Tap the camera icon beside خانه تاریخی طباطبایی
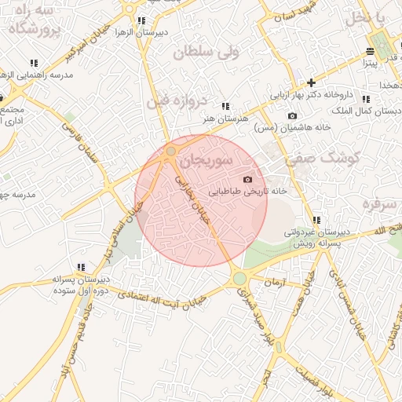click(x=248, y=180)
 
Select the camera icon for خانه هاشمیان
click(x=293, y=116)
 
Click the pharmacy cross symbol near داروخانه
click(x=312, y=82)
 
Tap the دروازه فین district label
click(x=176, y=101)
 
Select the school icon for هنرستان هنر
click(x=225, y=106)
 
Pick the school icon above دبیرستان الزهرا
click(x=141, y=21)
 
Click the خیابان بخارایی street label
click(x=194, y=196)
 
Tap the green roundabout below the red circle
click(x=239, y=279)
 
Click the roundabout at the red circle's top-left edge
click(x=171, y=151)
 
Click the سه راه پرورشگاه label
click(x=33, y=21)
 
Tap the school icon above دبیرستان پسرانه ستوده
click(x=81, y=267)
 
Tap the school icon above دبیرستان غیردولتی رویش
click(x=316, y=221)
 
